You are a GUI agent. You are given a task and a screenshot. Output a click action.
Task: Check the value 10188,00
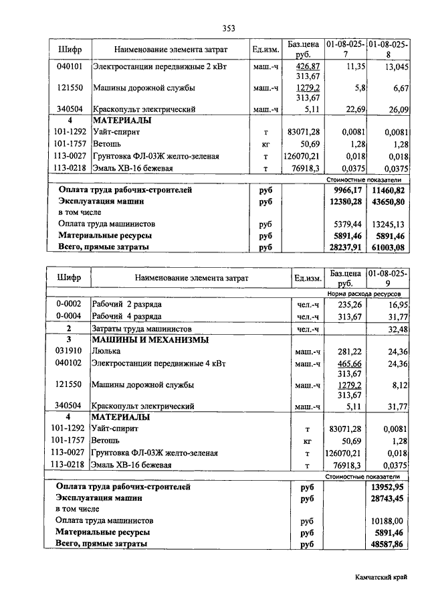(389, 520)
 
